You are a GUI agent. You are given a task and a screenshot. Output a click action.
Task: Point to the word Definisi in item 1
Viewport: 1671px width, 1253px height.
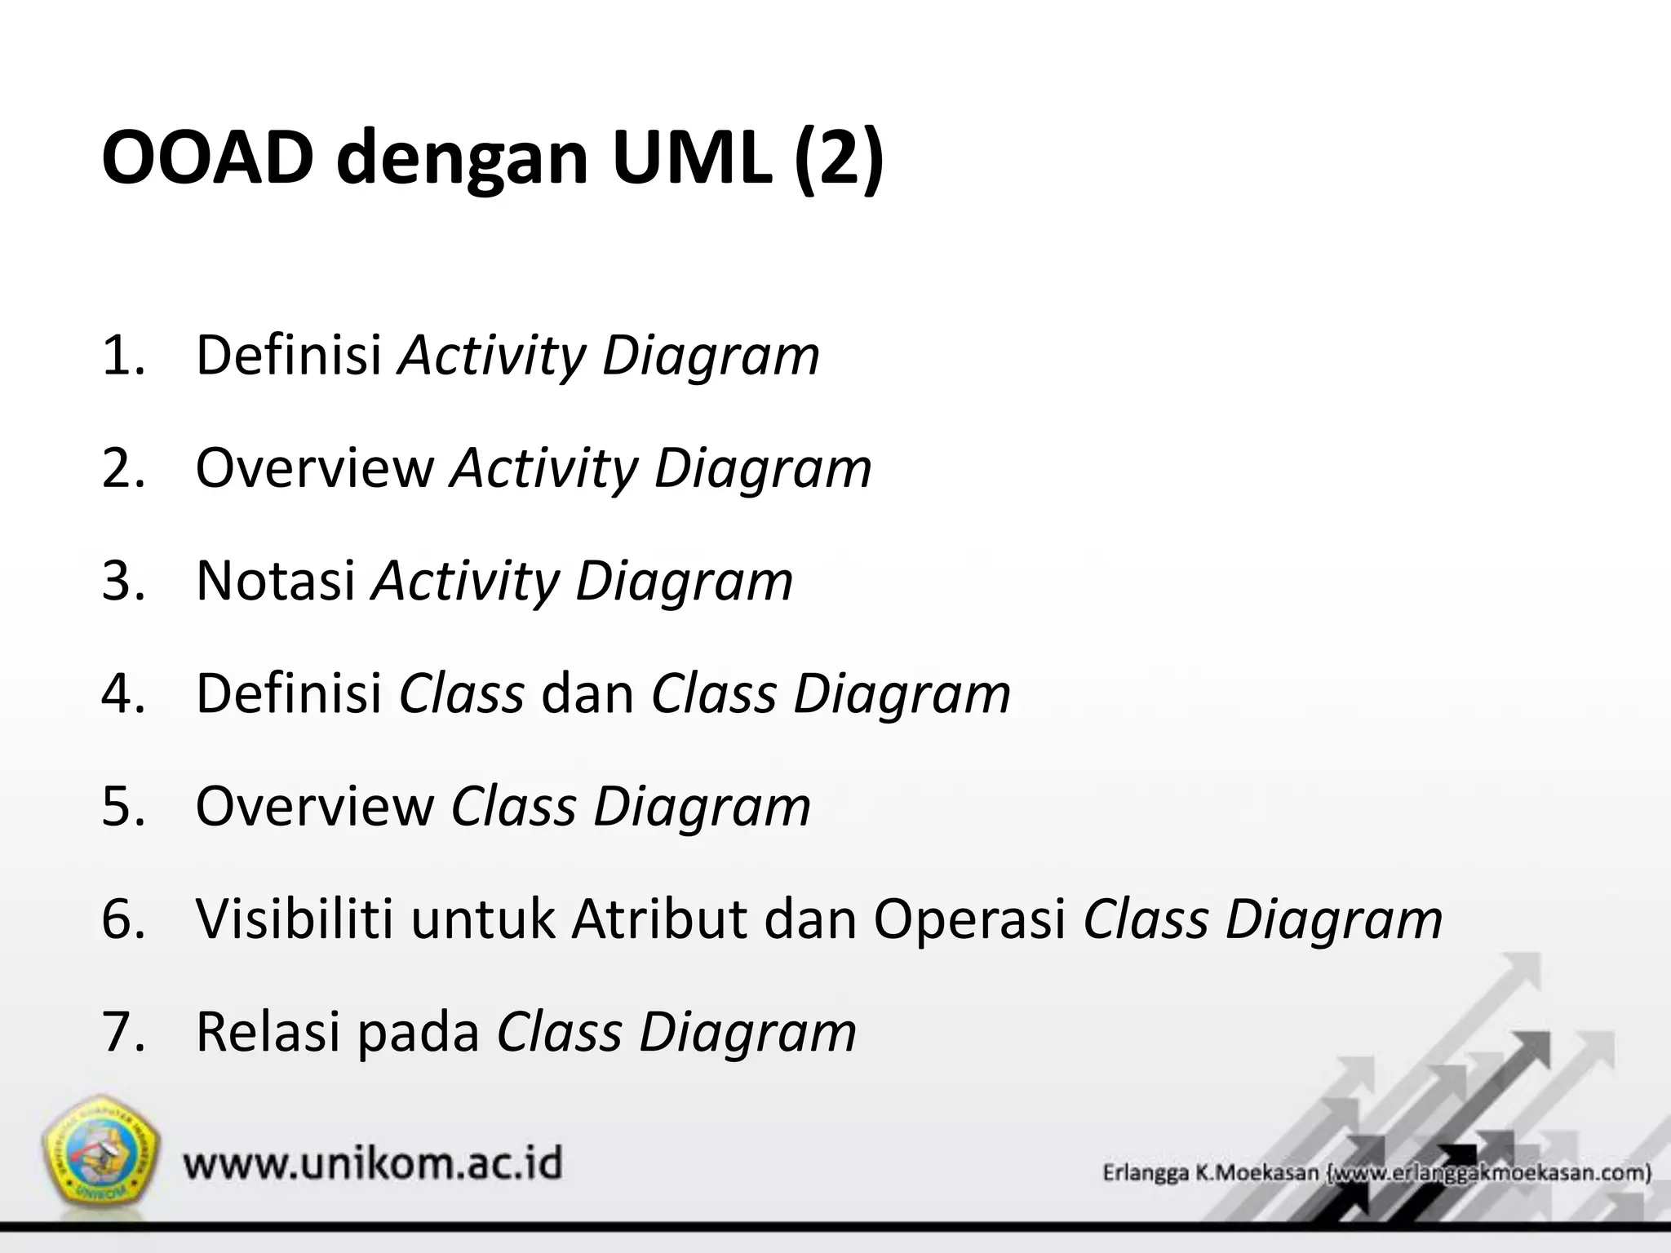(289, 356)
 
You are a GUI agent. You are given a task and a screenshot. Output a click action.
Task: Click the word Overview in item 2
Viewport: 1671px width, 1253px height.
(315, 468)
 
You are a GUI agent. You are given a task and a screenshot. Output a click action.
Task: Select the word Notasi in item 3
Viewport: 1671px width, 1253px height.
(276, 581)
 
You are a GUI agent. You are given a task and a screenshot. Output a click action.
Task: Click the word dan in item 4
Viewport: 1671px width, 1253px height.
(587, 693)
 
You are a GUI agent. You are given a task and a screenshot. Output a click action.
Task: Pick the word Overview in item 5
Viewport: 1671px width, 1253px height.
(315, 806)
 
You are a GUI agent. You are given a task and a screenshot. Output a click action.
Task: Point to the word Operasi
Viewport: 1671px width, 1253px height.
(970, 919)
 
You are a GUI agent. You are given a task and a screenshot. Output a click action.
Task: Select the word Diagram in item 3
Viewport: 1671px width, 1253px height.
(684, 581)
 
